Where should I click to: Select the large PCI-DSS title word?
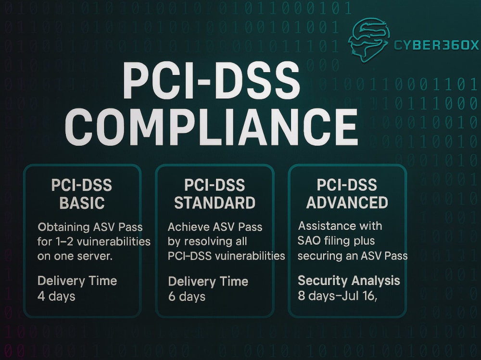coord(211,80)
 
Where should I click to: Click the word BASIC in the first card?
coord(82,203)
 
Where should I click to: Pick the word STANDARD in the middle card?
coord(215,203)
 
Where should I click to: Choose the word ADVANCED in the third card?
coord(347,202)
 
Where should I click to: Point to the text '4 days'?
coord(56,297)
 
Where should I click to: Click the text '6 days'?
coord(187,297)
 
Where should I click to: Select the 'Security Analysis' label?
coord(349,281)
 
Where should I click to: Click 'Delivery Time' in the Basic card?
coord(77,281)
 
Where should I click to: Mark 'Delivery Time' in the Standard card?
coord(208,282)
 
